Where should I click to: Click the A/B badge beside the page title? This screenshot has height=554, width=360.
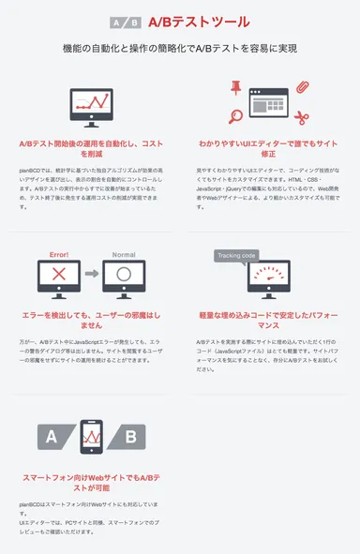coord(126,22)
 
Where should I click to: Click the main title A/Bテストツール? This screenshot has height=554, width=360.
coord(199,22)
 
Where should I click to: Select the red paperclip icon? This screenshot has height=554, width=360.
coord(303,88)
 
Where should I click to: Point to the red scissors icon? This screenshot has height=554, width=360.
coord(301,118)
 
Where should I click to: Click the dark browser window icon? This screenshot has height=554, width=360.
coord(268,103)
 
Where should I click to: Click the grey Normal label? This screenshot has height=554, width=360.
coord(124,253)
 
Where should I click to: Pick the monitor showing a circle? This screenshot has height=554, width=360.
coord(125,276)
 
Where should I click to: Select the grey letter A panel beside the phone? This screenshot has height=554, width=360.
coord(55,436)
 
